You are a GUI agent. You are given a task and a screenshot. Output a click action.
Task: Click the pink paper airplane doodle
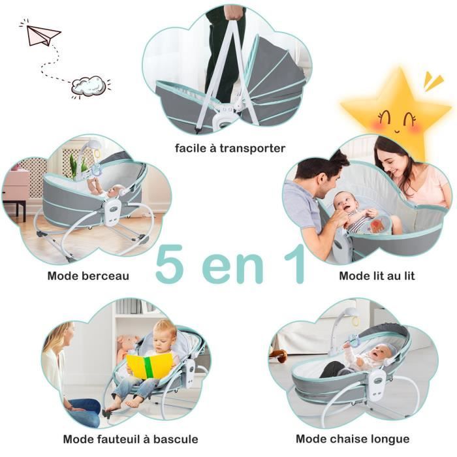tap(44, 35)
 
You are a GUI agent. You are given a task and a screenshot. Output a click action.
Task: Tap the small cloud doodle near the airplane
tap(89, 86)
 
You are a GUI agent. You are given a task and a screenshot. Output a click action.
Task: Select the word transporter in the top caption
tap(253, 148)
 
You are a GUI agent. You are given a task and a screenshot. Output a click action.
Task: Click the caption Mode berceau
tap(88, 276)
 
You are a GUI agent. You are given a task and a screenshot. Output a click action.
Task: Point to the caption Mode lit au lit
tap(377, 276)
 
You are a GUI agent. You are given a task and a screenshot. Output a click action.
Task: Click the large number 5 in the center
tap(169, 264)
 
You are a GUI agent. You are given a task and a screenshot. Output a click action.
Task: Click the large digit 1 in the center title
tap(295, 264)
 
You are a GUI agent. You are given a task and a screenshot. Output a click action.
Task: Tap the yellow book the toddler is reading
tap(150, 366)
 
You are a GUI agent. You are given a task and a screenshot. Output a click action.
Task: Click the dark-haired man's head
tap(322, 172)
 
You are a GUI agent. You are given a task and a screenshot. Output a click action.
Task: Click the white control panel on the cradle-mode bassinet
tap(113, 212)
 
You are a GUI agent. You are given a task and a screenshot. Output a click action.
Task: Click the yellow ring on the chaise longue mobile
tap(356, 321)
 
